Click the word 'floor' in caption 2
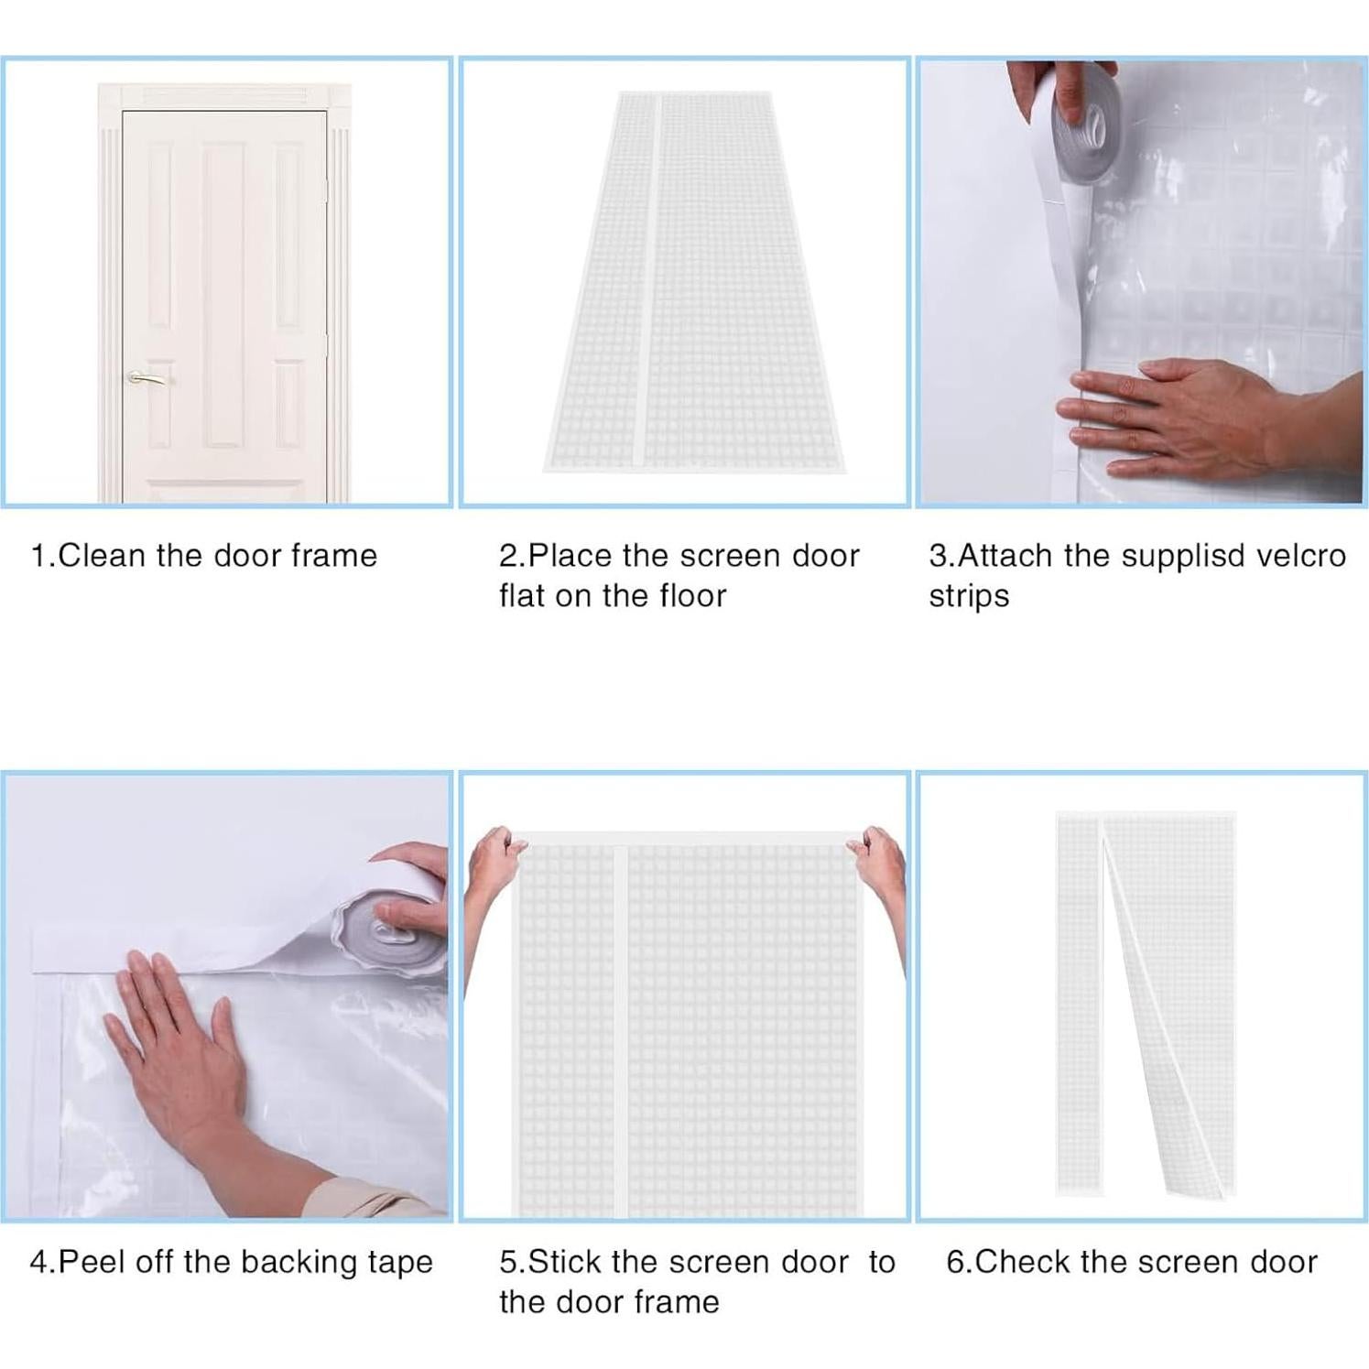691,596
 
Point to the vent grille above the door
224,95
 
